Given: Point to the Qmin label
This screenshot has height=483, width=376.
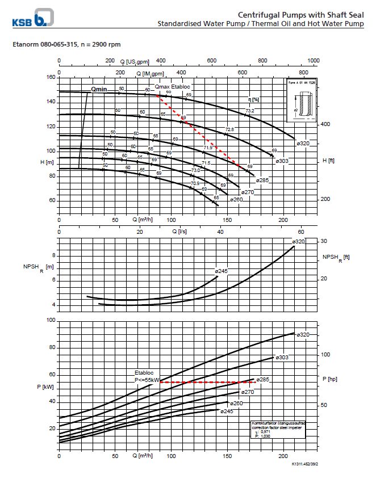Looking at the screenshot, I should click(x=99, y=89).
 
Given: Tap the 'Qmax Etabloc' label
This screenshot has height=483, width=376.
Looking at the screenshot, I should click(x=173, y=86).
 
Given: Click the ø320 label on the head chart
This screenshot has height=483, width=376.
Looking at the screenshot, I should click(x=303, y=143).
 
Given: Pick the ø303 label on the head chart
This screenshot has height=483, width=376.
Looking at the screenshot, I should click(x=282, y=161).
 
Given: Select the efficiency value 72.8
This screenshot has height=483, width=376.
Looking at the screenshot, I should click(x=230, y=130).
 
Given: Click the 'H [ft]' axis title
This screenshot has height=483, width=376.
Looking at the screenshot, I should click(x=328, y=161).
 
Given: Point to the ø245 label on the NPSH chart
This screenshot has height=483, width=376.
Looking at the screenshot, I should click(x=221, y=271).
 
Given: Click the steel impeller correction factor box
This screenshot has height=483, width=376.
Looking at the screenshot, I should click(x=278, y=430).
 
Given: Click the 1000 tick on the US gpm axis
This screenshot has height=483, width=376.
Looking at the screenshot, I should click(x=312, y=61).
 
